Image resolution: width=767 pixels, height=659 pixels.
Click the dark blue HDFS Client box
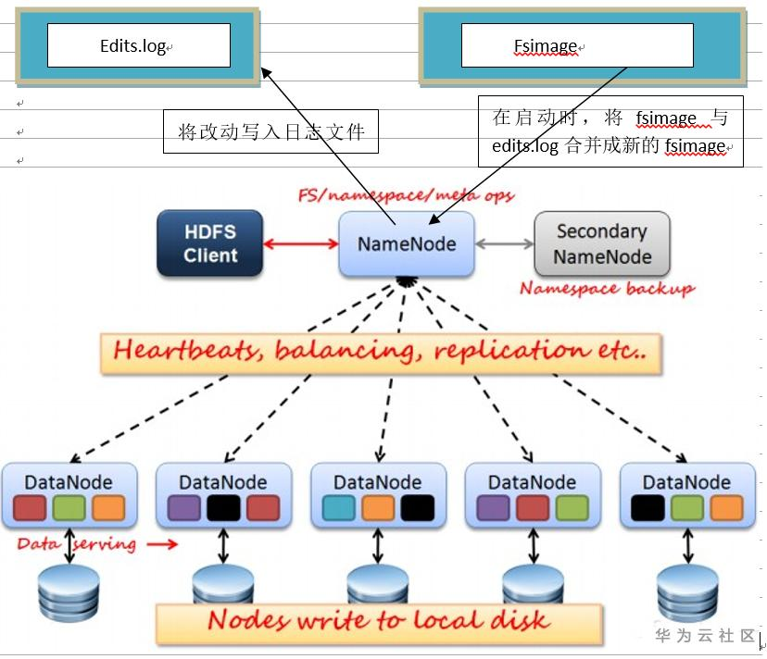click(x=210, y=243)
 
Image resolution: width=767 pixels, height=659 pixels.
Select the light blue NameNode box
click(x=407, y=243)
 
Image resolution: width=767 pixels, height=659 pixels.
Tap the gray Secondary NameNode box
click(x=602, y=243)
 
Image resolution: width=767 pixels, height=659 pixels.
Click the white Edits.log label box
click(x=139, y=45)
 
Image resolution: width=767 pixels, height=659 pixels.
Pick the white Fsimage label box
click(x=577, y=45)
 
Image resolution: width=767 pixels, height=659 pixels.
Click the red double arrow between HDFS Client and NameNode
click(x=301, y=243)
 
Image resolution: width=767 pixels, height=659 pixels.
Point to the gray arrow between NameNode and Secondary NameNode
click(x=504, y=243)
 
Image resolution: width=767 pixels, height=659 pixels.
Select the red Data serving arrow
click(x=162, y=543)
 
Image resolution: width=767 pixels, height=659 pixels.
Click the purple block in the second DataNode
click(x=184, y=507)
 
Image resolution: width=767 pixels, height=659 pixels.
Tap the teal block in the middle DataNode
click(x=338, y=507)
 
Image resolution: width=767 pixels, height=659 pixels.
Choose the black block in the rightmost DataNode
click(x=648, y=507)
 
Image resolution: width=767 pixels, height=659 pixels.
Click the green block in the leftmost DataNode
click(x=69, y=507)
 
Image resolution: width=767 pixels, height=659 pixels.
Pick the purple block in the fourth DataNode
click(x=493, y=507)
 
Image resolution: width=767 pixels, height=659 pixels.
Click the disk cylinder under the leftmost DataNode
click(x=69, y=593)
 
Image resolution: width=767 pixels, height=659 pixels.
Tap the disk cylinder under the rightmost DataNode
click(x=687, y=593)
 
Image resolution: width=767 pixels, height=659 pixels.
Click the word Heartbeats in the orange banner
click(x=189, y=351)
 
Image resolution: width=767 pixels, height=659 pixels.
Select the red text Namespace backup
click(x=607, y=289)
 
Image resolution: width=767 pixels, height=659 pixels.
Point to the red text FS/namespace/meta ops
click(x=406, y=195)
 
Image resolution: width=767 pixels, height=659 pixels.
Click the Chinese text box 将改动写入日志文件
click(x=270, y=131)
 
